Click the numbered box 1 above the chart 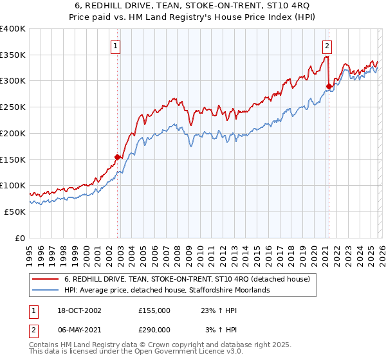pos(115,45)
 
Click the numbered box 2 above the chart pos(327,45)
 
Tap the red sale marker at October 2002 pos(118,156)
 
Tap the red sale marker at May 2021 pos(329,85)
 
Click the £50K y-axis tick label pos(14,212)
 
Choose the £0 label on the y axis pos(19,238)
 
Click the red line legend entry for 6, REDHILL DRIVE pos(187,279)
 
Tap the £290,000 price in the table pos(154,329)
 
